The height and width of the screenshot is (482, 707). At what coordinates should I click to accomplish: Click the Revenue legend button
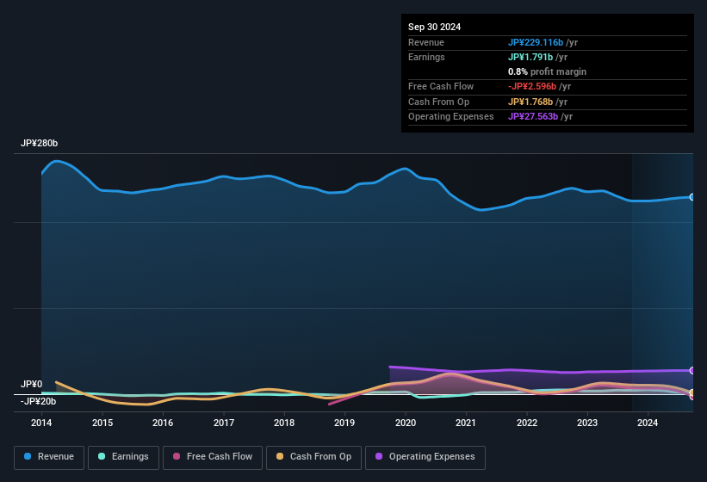coord(49,457)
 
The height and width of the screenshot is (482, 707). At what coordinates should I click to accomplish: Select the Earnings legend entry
coord(121,457)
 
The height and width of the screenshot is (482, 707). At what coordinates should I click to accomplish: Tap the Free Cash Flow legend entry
coord(213,457)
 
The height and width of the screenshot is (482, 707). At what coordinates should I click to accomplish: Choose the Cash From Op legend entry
coord(313,457)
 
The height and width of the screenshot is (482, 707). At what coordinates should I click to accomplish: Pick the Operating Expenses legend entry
coord(425,457)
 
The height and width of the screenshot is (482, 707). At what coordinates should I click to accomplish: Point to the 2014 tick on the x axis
coord(41,423)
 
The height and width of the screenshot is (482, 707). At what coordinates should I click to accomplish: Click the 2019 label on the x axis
coord(344,423)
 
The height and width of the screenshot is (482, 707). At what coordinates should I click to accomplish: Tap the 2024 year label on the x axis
coord(648,423)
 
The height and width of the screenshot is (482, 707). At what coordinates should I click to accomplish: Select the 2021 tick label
coord(466,423)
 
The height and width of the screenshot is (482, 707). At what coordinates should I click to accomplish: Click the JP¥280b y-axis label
coord(39,144)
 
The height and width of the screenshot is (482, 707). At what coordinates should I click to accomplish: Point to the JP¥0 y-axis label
coord(32,384)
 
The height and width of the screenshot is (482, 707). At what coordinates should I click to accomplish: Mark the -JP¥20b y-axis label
coord(39,401)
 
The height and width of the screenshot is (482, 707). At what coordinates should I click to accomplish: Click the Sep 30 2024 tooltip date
coord(434,27)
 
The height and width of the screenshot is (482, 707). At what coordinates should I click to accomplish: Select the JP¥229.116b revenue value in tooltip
coord(536,42)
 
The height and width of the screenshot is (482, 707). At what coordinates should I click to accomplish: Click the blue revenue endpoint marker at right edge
coord(691,197)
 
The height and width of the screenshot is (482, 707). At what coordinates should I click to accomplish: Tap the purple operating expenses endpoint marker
coord(691,370)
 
